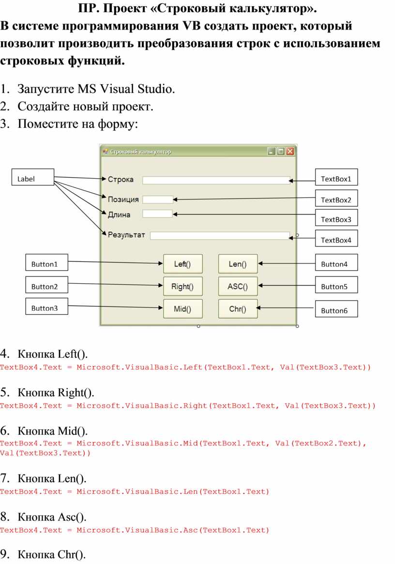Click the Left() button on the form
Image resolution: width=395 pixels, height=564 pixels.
[x=183, y=264]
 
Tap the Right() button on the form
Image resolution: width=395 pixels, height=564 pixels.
[x=183, y=286]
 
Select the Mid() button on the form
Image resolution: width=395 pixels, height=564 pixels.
[x=183, y=308]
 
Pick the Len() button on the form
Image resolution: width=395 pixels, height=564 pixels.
[x=238, y=264]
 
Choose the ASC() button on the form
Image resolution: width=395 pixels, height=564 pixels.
[x=238, y=286]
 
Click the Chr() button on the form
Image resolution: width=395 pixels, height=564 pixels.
[x=238, y=308]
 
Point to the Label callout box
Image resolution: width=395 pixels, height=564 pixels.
[x=33, y=177]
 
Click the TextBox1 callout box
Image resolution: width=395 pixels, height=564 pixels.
[x=336, y=177]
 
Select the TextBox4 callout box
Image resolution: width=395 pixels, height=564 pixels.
[x=336, y=238]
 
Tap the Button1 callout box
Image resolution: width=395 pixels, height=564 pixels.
[x=47, y=262]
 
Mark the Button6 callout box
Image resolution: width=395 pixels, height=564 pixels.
[x=336, y=308]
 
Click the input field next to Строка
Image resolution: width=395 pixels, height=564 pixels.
[x=216, y=180]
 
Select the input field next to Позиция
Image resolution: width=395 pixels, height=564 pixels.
[x=158, y=199]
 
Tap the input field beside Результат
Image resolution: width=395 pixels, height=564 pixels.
[x=220, y=236]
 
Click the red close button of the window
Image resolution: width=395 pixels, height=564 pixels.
[x=290, y=152]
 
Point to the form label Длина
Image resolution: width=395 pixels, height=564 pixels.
[x=119, y=215]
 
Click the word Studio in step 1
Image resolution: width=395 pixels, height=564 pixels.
[x=156, y=89]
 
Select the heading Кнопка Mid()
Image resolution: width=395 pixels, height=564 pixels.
[x=53, y=430]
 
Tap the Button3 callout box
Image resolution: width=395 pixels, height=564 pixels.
[x=47, y=306]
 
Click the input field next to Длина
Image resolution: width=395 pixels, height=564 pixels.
[x=157, y=213]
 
